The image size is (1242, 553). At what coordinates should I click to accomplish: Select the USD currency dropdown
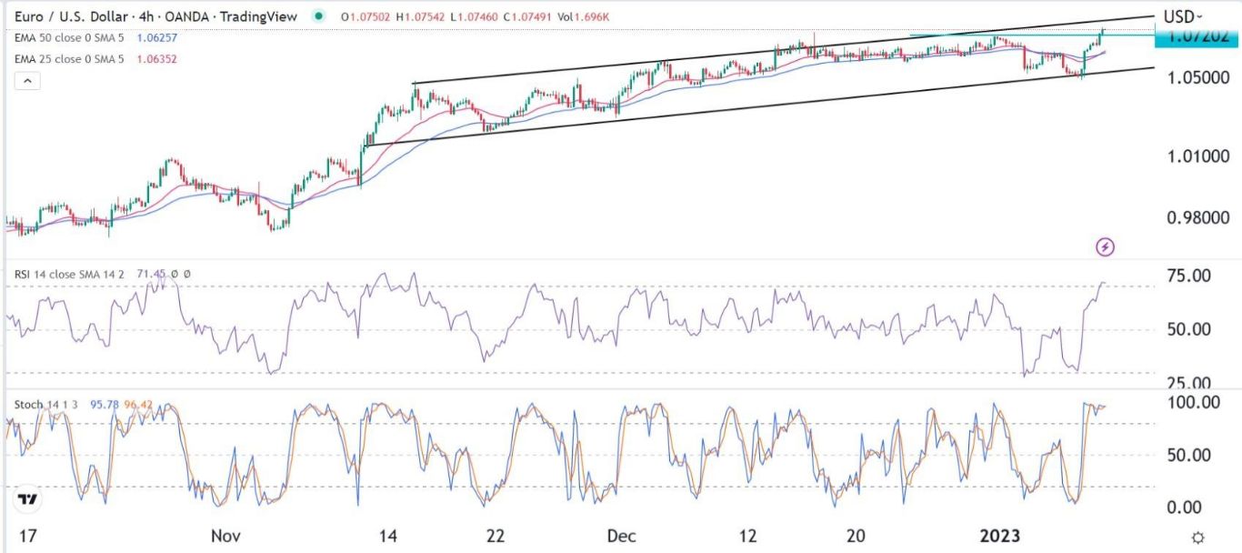click(x=1183, y=16)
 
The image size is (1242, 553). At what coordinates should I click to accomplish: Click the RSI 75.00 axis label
click(x=1187, y=276)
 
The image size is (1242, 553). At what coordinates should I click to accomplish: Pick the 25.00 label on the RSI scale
click(x=1187, y=384)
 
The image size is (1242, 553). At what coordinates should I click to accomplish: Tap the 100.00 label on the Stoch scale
click(x=1191, y=402)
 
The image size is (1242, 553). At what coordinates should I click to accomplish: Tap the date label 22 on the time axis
click(x=495, y=537)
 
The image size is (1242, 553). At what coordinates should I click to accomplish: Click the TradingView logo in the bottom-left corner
click(x=28, y=499)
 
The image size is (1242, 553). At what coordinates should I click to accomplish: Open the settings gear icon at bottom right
click(x=1198, y=537)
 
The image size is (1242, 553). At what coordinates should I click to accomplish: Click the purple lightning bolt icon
click(x=1106, y=246)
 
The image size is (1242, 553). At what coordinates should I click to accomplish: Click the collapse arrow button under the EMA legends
click(x=28, y=81)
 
